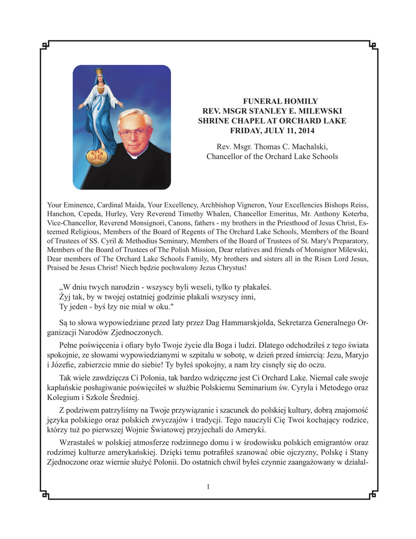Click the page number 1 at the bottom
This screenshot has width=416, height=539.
[x=208, y=486]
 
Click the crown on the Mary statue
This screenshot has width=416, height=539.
[x=99, y=72]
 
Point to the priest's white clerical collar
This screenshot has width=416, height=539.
[x=135, y=156]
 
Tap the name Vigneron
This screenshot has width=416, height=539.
[x=249, y=204]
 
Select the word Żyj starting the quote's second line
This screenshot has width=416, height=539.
[x=65, y=296]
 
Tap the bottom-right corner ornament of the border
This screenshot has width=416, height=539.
[x=373, y=494]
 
